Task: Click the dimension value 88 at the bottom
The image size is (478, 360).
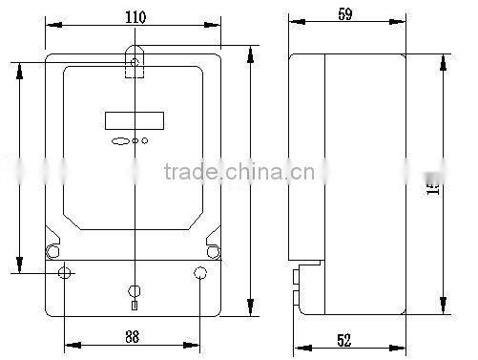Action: (133, 335)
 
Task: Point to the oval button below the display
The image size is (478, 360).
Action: (120, 141)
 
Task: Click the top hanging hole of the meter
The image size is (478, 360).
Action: (135, 64)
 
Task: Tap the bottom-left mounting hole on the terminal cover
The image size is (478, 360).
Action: (65, 274)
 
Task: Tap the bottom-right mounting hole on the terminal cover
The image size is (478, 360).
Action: (199, 274)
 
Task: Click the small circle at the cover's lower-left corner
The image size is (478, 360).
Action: (51, 252)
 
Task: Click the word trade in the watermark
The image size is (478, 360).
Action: (192, 172)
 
